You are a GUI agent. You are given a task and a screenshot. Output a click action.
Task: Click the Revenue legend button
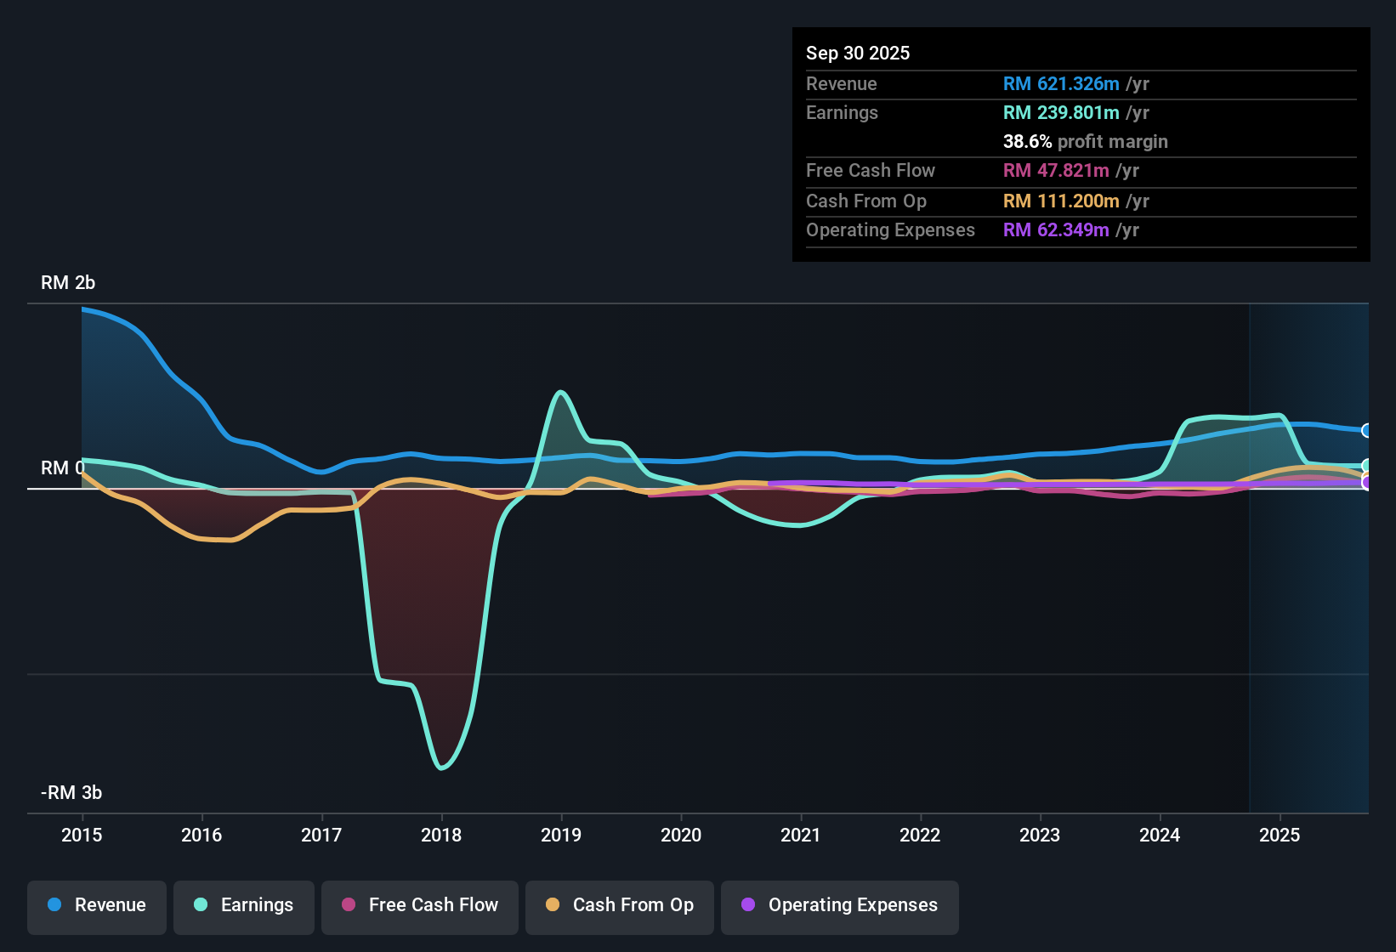(97, 905)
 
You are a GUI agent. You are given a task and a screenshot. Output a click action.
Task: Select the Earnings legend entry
(244, 905)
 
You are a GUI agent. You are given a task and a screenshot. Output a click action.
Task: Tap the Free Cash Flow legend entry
(420, 905)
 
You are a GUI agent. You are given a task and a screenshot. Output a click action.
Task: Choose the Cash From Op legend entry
(620, 905)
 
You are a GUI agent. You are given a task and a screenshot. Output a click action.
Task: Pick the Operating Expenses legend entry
(840, 905)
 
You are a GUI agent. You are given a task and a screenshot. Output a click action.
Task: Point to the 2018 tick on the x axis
(441, 835)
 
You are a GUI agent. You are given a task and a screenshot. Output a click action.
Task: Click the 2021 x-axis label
(801, 835)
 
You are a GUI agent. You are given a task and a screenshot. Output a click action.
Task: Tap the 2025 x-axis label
(1280, 835)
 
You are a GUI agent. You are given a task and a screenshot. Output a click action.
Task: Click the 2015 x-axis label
(82, 835)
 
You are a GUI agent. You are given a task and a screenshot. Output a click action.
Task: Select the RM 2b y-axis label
(68, 283)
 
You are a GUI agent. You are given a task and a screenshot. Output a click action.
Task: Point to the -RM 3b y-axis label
(71, 793)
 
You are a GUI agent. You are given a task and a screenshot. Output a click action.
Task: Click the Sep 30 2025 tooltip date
(858, 54)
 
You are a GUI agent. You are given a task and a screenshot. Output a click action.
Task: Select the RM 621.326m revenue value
(1060, 84)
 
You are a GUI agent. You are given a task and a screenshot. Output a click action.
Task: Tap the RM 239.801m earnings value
(1060, 113)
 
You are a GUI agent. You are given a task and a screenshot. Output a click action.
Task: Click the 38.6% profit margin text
(1085, 142)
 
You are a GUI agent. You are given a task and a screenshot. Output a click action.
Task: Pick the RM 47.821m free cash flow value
(1055, 171)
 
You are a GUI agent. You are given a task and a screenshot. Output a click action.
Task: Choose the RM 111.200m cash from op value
(1060, 201)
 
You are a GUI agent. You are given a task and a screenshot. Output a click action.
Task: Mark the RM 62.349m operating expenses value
(1055, 230)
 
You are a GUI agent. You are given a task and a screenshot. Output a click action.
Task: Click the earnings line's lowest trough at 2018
(441, 768)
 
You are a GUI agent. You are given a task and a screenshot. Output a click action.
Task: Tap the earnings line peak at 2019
(560, 392)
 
